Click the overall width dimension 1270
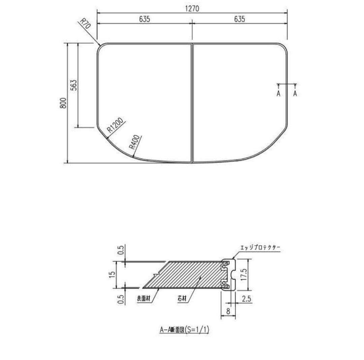[192, 9]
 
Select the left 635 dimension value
[144, 20]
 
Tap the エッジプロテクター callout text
[260, 248]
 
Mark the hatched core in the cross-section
[189, 275]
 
